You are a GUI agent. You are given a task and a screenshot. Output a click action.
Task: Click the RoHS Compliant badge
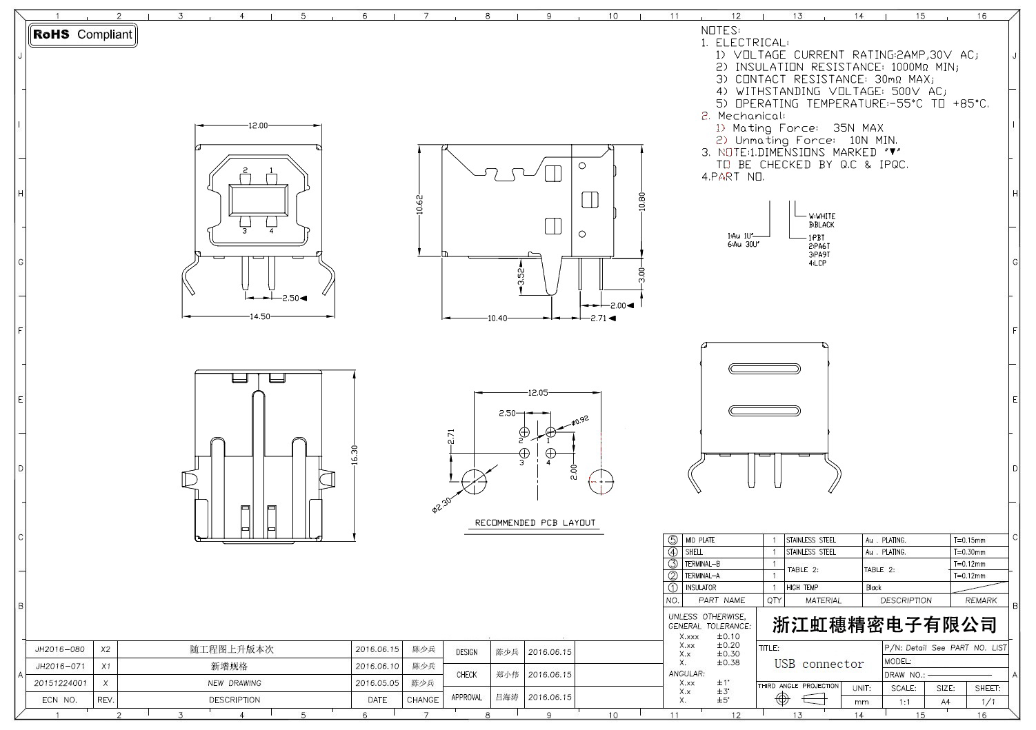coord(83,34)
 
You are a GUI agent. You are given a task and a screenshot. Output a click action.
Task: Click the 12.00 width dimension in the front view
coord(258,125)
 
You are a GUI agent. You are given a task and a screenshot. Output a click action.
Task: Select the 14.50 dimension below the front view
coord(260,316)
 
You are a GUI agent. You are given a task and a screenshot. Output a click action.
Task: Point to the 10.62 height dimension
coord(420,204)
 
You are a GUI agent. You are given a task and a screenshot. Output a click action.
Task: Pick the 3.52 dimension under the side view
coord(521,277)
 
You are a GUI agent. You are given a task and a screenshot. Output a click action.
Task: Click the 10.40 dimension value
coord(497,318)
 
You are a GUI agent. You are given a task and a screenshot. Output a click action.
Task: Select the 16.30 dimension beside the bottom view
coord(355,456)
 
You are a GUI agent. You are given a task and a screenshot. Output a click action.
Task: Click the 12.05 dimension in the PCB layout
coord(538,393)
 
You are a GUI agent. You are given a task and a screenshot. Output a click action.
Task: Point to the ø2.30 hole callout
coord(441,505)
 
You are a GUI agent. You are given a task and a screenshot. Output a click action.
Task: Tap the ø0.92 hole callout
coord(579,419)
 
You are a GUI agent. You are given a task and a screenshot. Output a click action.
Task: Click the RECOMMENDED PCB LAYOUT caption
coord(535,523)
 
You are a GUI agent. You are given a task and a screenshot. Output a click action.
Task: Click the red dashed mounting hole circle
coord(601,480)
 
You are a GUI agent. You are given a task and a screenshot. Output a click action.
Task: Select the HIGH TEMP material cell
coord(802,588)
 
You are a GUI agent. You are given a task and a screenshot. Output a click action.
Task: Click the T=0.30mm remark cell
coord(969,552)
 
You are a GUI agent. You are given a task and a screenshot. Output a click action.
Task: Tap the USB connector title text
coord(819,664)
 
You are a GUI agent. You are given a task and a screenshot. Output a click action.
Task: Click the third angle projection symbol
coord(798,698)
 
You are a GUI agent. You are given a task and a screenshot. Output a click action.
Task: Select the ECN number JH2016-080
coord(60,649)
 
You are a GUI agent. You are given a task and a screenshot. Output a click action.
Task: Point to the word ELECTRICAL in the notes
coord(752,43)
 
